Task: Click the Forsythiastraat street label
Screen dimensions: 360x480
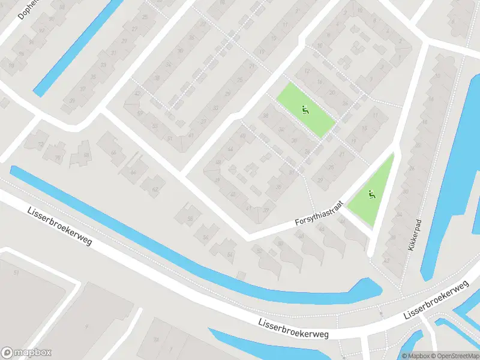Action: coord(319,213)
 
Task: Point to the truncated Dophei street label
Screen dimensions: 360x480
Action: coord(28,9)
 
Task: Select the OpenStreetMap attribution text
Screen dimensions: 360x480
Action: coord(454,356)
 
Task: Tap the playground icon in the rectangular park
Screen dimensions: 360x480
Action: coord(305,110)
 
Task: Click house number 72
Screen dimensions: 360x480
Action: coord(41,145)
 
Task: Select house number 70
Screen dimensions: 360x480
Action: coord(58,158)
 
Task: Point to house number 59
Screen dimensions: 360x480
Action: coord(139,112)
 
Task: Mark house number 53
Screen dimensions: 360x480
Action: coord(155,125)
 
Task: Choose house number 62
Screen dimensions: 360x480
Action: coord(155,190)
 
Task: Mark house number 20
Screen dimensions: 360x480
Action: coord(331,92)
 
